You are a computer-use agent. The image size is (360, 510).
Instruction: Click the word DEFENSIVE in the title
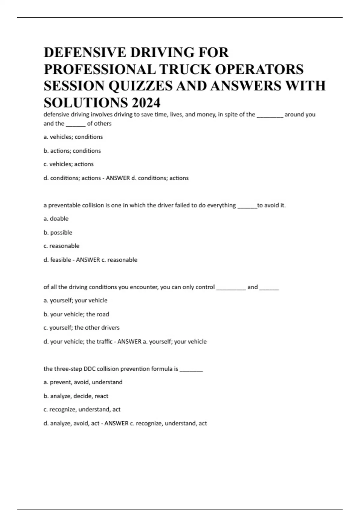pyautogui.click(x=85, y=52)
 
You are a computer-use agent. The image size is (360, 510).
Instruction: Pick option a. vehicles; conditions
pyautogui.click(x=73, y=137)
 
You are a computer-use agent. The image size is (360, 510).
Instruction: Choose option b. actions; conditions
pyautogui.click(x=72, y=151)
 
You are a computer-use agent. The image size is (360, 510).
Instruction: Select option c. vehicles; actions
pyautogui.click(x=68, y=164)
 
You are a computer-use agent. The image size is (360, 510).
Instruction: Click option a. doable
pyautogui.click(x=56, y=219)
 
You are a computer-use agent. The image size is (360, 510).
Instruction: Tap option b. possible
pyautogui.click(x=58, y=232)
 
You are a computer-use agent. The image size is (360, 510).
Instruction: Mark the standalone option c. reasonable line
pyautogui.click(x=61, y=246)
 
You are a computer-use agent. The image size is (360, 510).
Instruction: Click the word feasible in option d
pyautogui.click(x=61, y=260)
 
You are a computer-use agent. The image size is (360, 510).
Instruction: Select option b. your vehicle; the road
pyautogui.click(x=76, y=314)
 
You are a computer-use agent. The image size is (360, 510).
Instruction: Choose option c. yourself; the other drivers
pyautogui.click(x=81, y=328)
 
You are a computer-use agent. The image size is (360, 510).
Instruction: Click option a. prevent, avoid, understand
pyautogui.click(x=83, y=382)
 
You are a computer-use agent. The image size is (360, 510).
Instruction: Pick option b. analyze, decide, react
pyautogui.click(x=76, y=396)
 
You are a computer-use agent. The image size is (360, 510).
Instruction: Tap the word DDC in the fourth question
pyautogui.click(x=89, y=369)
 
